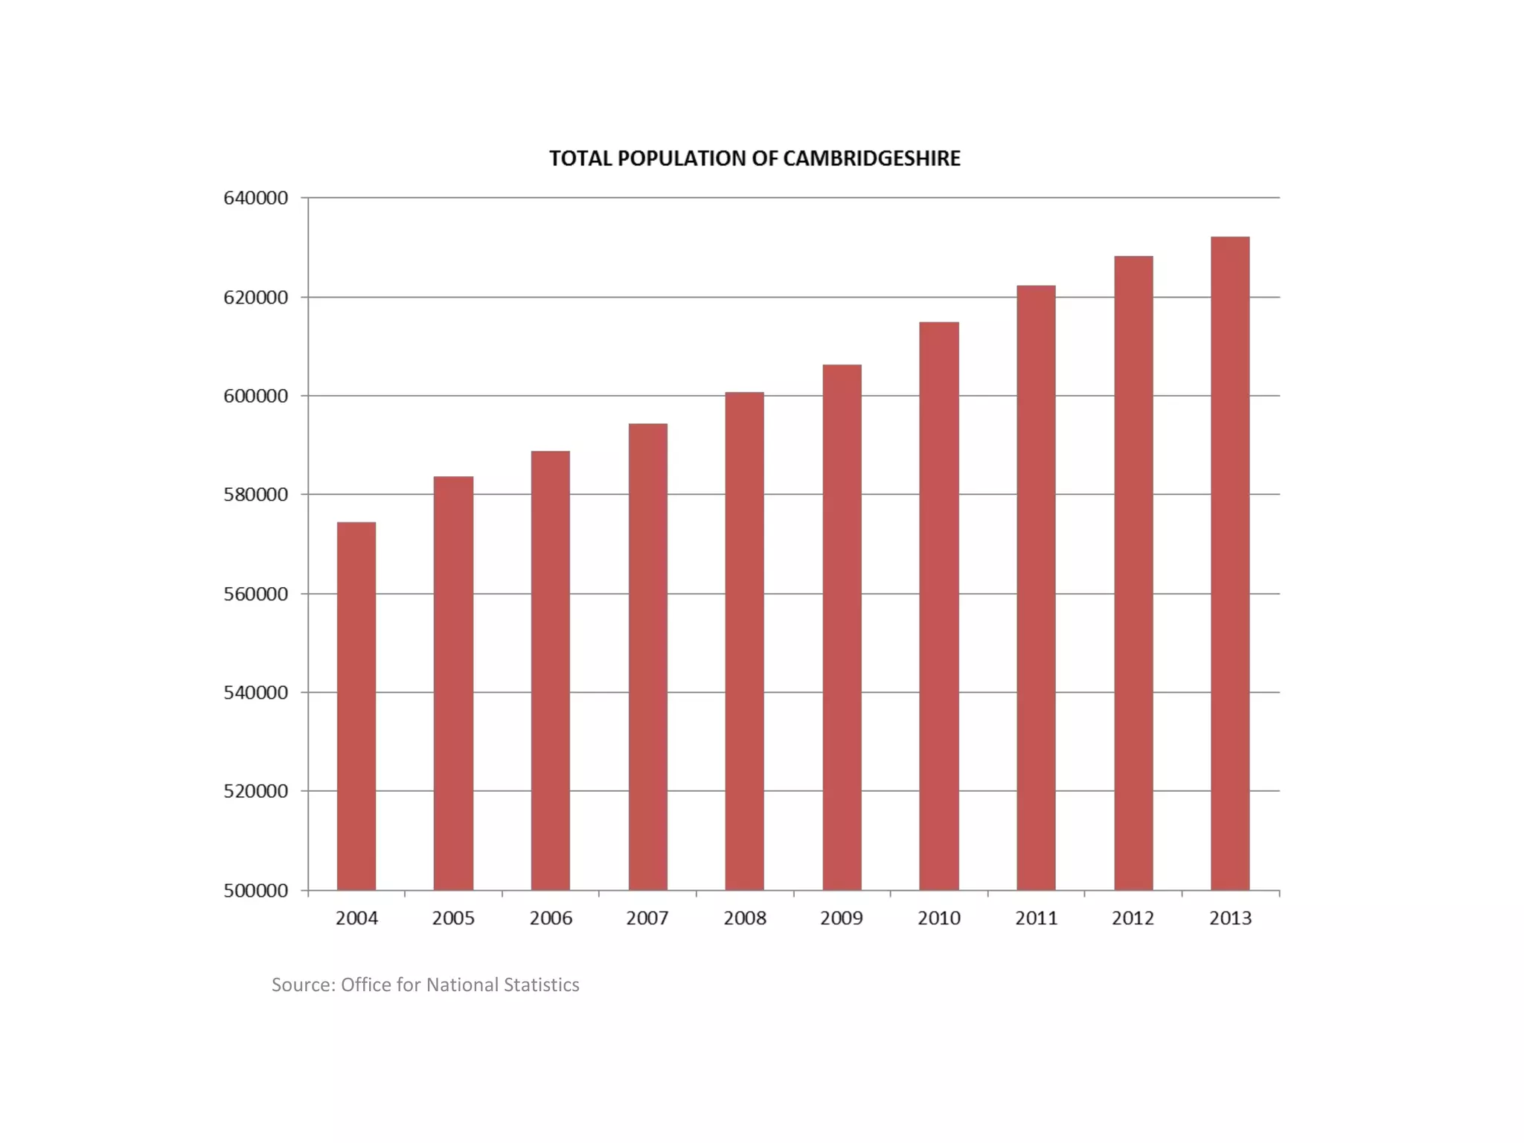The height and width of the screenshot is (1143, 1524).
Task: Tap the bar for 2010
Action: (x=939, y=606)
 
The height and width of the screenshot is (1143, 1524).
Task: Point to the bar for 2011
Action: (x=1036, y=587)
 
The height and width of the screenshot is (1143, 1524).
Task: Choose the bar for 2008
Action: (x=744, y=641)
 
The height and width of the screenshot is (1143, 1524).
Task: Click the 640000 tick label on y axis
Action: (x=255, y=198)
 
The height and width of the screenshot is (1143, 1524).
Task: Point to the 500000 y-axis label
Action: (x=255, y=891)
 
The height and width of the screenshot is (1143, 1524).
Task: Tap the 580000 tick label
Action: (x=255, y=495)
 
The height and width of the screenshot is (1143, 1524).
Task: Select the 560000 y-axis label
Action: (x=255, y=594)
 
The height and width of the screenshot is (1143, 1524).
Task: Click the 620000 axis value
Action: (x=255, y=298)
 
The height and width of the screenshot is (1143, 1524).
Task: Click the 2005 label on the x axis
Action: (x=453, y=918)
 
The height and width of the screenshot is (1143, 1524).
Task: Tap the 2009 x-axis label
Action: (x=842, y=918)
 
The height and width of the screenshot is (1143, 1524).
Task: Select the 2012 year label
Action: (x=1133, y=918)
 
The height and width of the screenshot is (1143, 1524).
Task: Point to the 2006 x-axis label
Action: (x=551, y=918)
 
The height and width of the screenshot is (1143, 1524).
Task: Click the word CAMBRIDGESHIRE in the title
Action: (x=871, y=159)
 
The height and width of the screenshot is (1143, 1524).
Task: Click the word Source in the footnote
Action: (x=303, y=985)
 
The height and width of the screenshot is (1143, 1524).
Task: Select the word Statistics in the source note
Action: (x=541, y=985)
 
